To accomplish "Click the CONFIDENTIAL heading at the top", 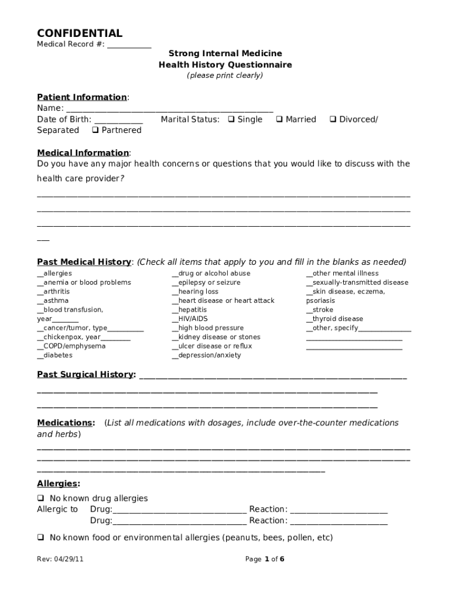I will (80, 33).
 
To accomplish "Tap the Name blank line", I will (169, 108).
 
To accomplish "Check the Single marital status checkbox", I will (231, 120).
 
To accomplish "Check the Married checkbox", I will (279, 120).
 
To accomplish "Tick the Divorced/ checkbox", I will (333, 120).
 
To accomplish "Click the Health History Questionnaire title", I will (225, 65).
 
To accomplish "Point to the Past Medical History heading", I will (84, 262).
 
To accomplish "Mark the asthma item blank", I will (40, 301).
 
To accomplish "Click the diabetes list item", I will (55, 355).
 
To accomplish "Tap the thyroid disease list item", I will (334, 319).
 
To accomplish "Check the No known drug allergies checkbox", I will (41, 499).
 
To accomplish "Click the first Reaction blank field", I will (339, 510).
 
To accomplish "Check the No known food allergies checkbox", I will (41, 537).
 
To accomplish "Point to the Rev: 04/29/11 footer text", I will (60, 559).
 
